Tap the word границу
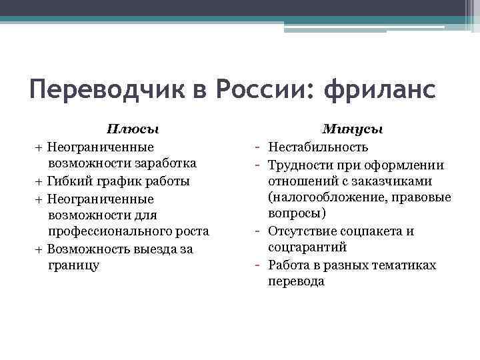tap(74, 265)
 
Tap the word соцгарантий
tap(307, 247)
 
